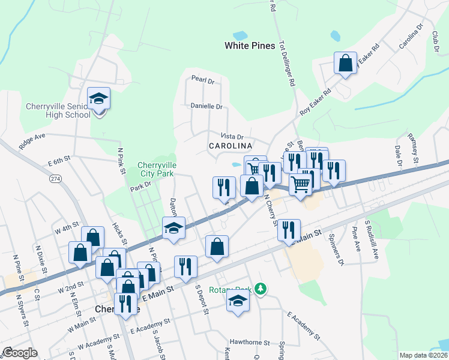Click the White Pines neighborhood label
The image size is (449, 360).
pyautogui.click(x=250, y=46)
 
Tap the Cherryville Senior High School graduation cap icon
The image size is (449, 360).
pyautogui.click(x=98, y=99)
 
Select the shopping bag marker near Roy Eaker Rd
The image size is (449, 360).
pyautogui.click(x=346, y=63)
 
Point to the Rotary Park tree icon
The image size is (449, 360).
pyautogui.click(x=260, y=289)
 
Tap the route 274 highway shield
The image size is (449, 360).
pyautogui.click(x=56, y=179)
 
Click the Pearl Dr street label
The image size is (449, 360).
pyautogui.click(x=203, y=79)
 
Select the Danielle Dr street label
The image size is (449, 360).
pyautogui.click(x=206, y=106)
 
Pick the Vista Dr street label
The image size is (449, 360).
pyautogui.click(x=232, y=137)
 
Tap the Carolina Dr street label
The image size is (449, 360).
pyautogui.click(x=411, y=37)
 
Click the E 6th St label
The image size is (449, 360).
pyautogui.click(x=59, y=161)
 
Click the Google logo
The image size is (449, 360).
pyautogui.click(x=20, y=353)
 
